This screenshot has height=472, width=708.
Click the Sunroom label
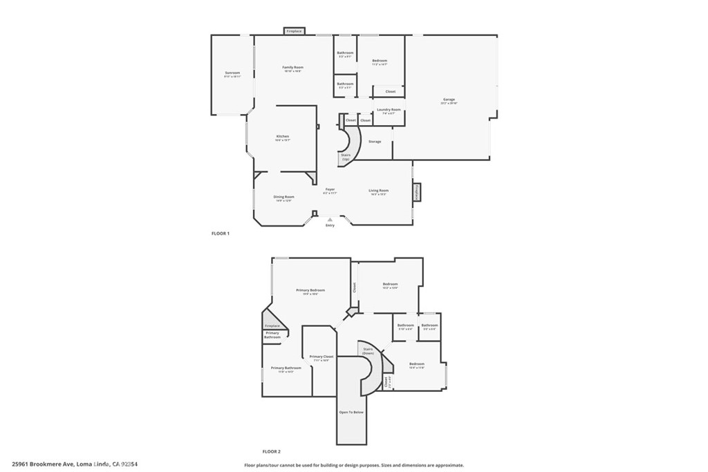(232, 73)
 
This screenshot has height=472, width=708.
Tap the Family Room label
(292, 67)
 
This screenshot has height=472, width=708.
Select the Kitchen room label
(283, 136)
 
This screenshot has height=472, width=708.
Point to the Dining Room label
(283, 197)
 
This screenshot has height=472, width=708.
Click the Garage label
(449, 100)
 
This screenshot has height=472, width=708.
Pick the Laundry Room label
(389, 110)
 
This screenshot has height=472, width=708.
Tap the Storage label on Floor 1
(374, 142)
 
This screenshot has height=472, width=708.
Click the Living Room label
(378, 191)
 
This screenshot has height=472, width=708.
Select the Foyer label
(330, 189)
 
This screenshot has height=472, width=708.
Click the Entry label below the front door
(330, 225)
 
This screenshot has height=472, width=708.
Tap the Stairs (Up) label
(346, 157)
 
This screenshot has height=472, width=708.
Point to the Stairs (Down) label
(368, 350)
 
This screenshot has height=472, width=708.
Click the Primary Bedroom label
(310, 290)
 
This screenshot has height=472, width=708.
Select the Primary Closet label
(322, 357)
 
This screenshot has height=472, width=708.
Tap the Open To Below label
(351, 412)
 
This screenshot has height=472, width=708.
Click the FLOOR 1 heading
(220, 234)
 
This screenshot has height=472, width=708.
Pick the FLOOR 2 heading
(271, 451)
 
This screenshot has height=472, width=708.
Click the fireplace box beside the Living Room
(417, 192)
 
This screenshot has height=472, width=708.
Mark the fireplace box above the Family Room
(294, 31)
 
